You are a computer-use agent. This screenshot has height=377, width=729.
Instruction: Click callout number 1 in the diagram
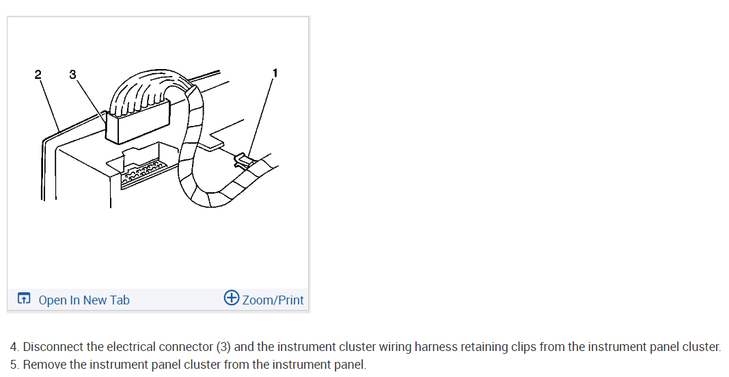pyautogui.click(x=275, y=72)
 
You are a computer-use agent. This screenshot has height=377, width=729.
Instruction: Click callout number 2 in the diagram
pyautogui.click(x=38, y=74)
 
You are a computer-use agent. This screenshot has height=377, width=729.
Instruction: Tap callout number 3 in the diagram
pyautogui.click(x=72, y=74)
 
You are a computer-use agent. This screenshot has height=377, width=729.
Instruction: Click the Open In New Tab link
pyautogui.click(x=83, y=300)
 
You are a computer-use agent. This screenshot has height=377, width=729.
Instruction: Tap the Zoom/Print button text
pyautogui.click(x=273, y=300)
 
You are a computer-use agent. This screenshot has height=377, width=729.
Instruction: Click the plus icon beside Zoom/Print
pyautogui.click(x=232, y=298)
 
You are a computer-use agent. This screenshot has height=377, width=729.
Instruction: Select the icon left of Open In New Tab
pyautogui.click(x=24, y=299)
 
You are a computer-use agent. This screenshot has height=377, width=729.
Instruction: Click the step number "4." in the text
pyautogui.click(x=14, y=347)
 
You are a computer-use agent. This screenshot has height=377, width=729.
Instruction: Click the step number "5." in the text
pyautogui.click(x=14, y=364)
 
